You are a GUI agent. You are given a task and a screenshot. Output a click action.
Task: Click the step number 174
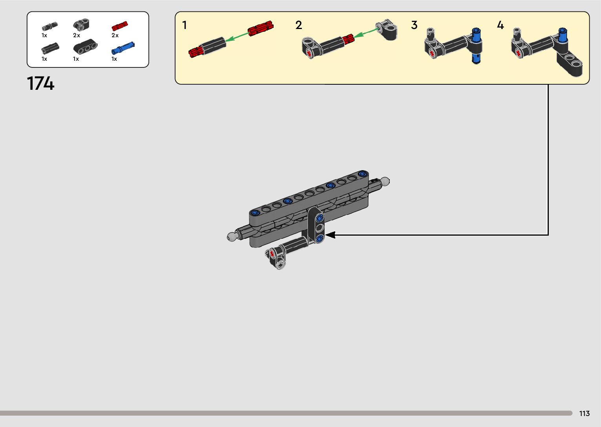pos(40,84)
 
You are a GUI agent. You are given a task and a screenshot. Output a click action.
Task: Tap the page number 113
pos(584,414)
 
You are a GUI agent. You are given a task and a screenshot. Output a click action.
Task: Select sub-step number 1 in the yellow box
pos(185,25)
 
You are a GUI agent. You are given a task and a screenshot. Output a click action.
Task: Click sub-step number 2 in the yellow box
pos(299,25)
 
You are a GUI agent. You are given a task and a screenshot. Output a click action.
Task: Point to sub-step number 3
pos(414,25)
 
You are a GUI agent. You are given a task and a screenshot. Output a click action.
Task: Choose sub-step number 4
pos(500,25)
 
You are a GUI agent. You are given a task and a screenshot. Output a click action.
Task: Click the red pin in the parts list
pos(120,26)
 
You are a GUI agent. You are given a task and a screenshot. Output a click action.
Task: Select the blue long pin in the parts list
pos(123,48)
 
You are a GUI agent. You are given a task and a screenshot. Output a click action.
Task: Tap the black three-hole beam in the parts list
pos(85,47)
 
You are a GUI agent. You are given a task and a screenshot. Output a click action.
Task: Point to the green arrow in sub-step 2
pos(366,32)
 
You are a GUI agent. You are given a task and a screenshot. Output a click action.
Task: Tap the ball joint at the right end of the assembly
pos(385,181)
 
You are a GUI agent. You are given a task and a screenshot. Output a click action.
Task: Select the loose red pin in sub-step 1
pos(260,28)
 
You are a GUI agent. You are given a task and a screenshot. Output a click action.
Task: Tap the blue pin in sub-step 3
pos(476,45)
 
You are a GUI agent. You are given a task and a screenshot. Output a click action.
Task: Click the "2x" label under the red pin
pos(115,35)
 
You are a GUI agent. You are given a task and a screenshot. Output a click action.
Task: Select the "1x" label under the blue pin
pos(114,59)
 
